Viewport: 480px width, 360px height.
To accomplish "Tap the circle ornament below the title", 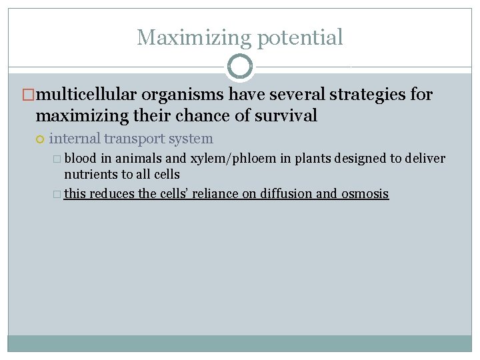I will [240, 67].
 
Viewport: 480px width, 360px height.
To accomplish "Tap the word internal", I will [75, 139].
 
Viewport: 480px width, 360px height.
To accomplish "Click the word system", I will [193, 139].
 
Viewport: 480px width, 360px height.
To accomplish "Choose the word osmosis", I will [365, 194].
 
